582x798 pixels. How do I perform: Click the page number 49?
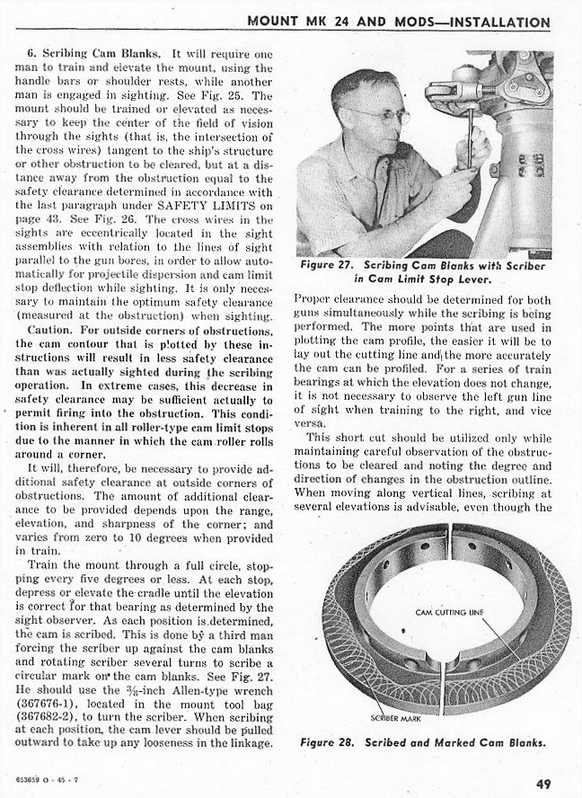click(x=543, y=784)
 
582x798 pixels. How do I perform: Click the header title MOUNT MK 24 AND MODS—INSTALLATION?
click(x=398, y=22)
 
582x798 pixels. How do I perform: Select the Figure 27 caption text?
click(x=424, y=272)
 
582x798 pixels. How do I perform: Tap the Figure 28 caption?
click(x=423, y=742)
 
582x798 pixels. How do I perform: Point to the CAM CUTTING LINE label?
click(x=450, y=613)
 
